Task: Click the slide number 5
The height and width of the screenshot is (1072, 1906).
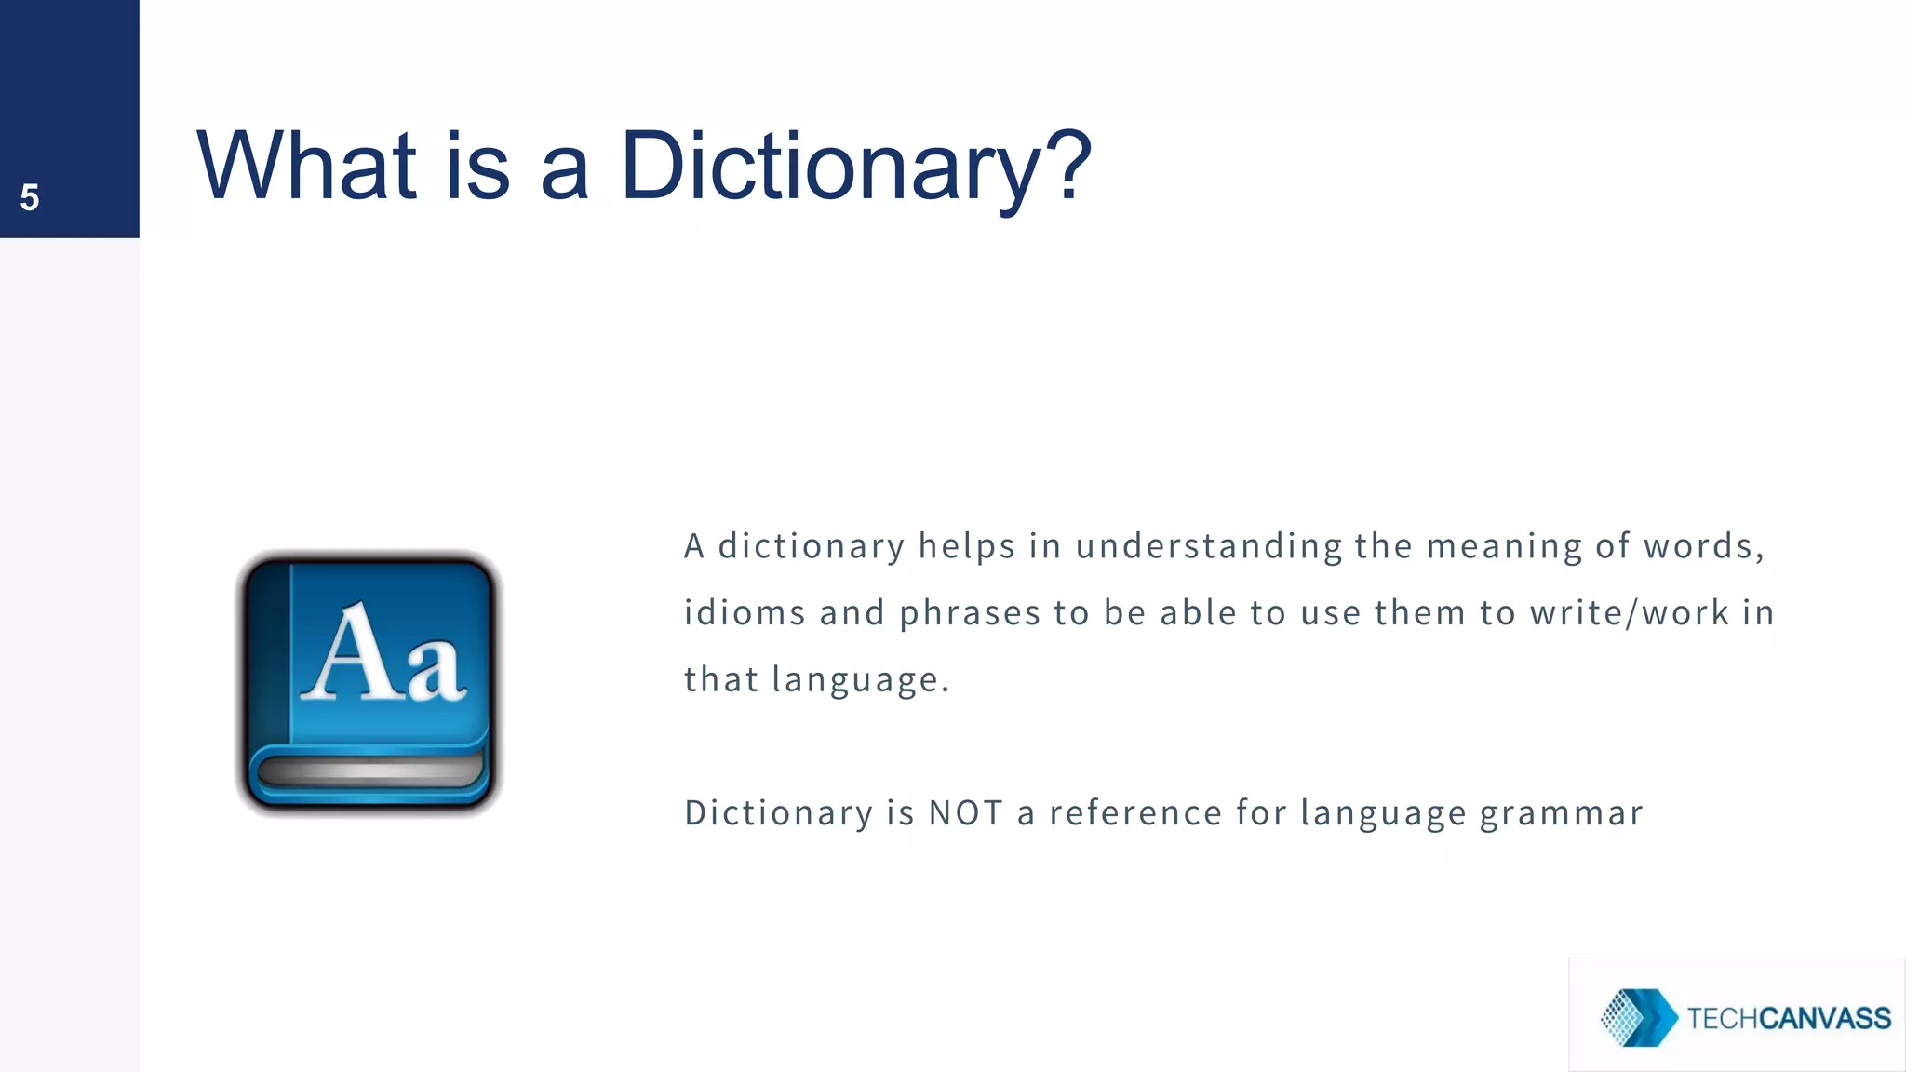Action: click(x=30, y=197)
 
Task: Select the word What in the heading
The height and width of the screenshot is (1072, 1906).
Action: click(x=307, y=166)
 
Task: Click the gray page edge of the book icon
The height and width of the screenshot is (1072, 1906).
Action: click(x=369, y=770)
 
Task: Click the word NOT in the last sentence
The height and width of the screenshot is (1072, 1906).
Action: click(x=965, y=813)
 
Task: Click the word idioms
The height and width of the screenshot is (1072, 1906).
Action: click(x=745, y=613)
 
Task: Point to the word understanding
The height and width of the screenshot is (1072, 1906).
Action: click(x=1208, y=546)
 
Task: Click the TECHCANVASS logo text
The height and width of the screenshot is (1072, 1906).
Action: click(x=1788, y=1018)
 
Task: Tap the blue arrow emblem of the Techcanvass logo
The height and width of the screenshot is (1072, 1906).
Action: click(x=1638, y=1017)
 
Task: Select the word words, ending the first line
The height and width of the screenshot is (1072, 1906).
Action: click(x=1703, y=546)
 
